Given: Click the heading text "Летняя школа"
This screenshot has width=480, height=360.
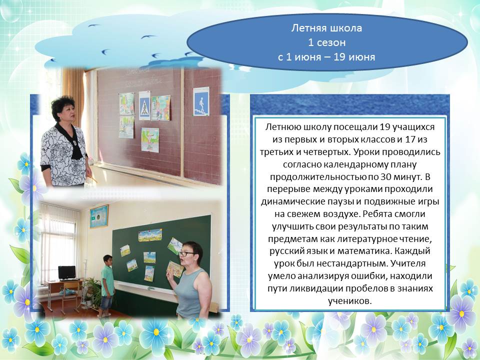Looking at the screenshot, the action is click(326, 28).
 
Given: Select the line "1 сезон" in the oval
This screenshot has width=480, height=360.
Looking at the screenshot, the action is click(326, 42).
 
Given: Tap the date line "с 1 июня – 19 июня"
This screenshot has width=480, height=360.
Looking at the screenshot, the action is click(326, 57).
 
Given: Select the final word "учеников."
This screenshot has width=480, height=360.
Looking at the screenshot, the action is click(349, 301).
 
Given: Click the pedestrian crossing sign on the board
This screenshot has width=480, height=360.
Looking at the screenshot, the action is click(144, 105).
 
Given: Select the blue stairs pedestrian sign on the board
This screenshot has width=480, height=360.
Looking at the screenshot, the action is click(201, 101).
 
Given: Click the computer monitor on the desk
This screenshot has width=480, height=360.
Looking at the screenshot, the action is click(67, 273).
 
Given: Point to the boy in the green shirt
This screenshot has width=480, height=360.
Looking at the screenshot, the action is click(107, 286).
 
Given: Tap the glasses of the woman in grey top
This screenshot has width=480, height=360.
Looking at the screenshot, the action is click(186, 254).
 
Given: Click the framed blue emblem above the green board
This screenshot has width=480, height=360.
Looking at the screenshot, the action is click(99, 216).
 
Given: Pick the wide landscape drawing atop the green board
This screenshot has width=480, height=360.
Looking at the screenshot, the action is click(150, 235).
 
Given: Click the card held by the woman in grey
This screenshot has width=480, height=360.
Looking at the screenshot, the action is click(175, 268).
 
